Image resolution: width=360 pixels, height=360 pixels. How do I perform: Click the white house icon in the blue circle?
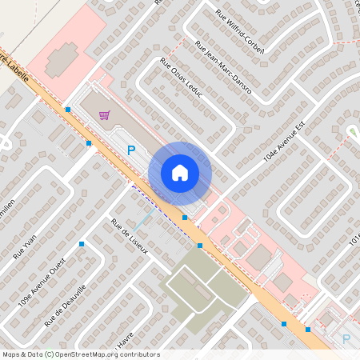(x=180, y=173)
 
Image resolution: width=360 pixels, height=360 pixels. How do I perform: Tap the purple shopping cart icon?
(x=104, y=115)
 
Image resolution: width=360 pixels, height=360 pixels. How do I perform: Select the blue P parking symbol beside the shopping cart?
(x=132, y=149)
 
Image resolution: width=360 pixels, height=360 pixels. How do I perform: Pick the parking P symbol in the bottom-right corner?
(x=346, y=339)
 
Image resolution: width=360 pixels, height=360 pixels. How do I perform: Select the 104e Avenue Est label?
(x=286, y=143)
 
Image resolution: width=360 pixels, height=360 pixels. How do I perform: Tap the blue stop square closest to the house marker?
(x=185, y=217)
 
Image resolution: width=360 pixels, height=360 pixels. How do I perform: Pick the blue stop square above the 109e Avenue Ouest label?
(x=82, y=243)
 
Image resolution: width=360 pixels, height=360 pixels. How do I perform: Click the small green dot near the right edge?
(x=352, y=130)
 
